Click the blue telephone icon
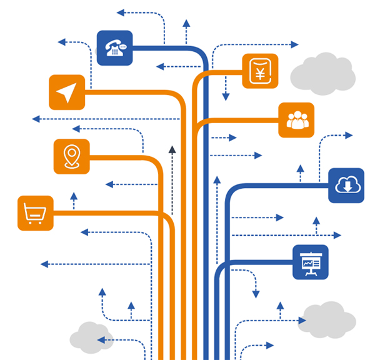(x=115, y=48)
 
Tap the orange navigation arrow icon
(x=67, y=92)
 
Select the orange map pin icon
(x=72, y=156)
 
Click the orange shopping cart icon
(x=35, y=213)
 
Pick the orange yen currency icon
(x=260, y=71)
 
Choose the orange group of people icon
(x=296, y=120)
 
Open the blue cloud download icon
(x=346, y=185)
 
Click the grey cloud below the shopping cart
(x=91, y=337)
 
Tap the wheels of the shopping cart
(x=34, y=221)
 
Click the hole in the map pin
(x=72, y=153)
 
